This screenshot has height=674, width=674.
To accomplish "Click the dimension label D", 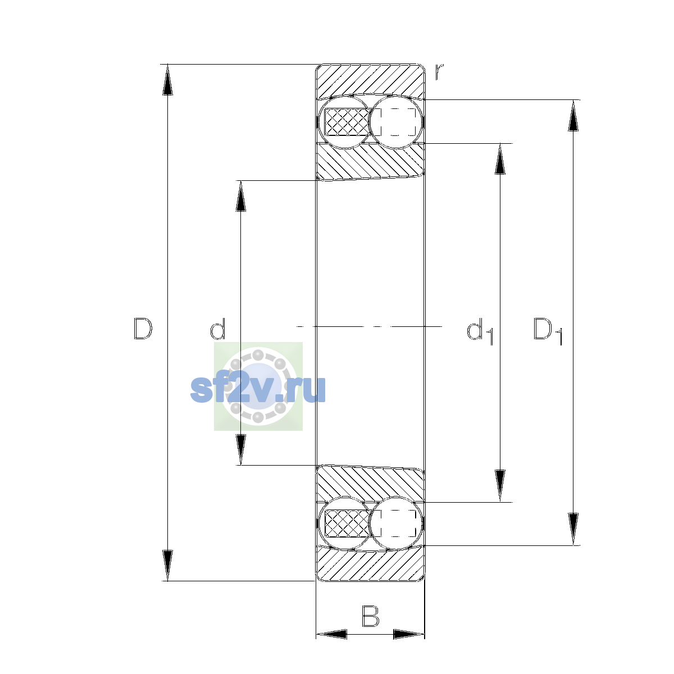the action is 143,329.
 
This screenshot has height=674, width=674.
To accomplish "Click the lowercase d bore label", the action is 217,329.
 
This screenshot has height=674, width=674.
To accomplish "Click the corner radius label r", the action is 439,72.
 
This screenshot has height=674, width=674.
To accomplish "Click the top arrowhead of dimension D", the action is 167,80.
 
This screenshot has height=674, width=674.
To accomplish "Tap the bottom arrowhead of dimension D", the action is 167,566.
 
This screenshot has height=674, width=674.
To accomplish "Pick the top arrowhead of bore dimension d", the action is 240,196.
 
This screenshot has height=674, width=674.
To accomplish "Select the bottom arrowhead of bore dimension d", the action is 240,450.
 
